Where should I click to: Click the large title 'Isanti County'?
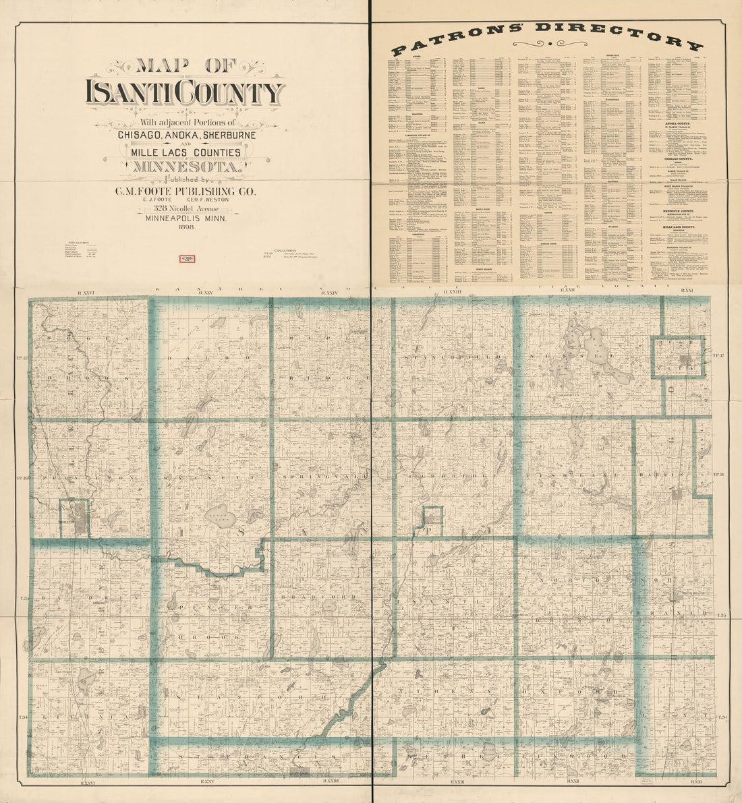[x=185, y=92]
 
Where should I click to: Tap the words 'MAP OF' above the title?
[x=185, y=66]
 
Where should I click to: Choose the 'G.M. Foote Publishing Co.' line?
[x=185, y=191]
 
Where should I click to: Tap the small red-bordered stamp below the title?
[x=187, y=258]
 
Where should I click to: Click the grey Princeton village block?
[x=80, y=519]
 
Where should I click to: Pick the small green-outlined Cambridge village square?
[x=432, y=517]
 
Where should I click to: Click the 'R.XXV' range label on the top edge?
[x=204, y=292]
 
